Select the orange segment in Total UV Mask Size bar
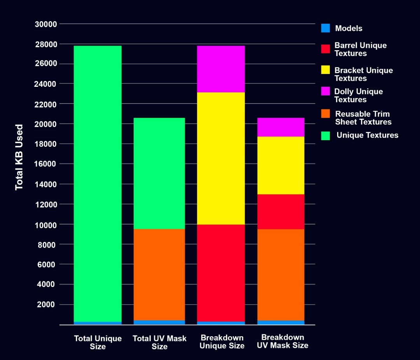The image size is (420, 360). [x=159, y=274]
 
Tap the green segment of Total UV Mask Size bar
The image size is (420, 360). [x=159, y=173]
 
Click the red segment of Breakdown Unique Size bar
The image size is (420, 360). [x=221, y=273]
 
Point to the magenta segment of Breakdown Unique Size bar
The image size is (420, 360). [x=221, y=69]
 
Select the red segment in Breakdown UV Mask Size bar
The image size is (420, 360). [x=281, y=211]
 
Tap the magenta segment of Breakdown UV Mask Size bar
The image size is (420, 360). [x=281, y=127]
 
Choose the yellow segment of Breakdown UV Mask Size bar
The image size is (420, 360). [x=281, y=165]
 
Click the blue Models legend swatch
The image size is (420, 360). [x=325, y=28]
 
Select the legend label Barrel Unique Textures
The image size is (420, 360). [x=360, y=49]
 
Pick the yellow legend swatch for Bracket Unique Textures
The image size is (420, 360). [x=325, y=70]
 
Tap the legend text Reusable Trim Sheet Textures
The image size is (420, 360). [x=363, y=118]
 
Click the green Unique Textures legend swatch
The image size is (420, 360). [x=325, y=135]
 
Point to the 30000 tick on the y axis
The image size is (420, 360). [x=46, y=24]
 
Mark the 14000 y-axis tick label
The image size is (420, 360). [x=46, y=184]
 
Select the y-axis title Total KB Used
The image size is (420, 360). [x=19, y=157]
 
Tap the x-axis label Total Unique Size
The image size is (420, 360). [x=98, y=342]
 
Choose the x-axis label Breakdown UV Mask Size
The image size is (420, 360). [x=283, y=341]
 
